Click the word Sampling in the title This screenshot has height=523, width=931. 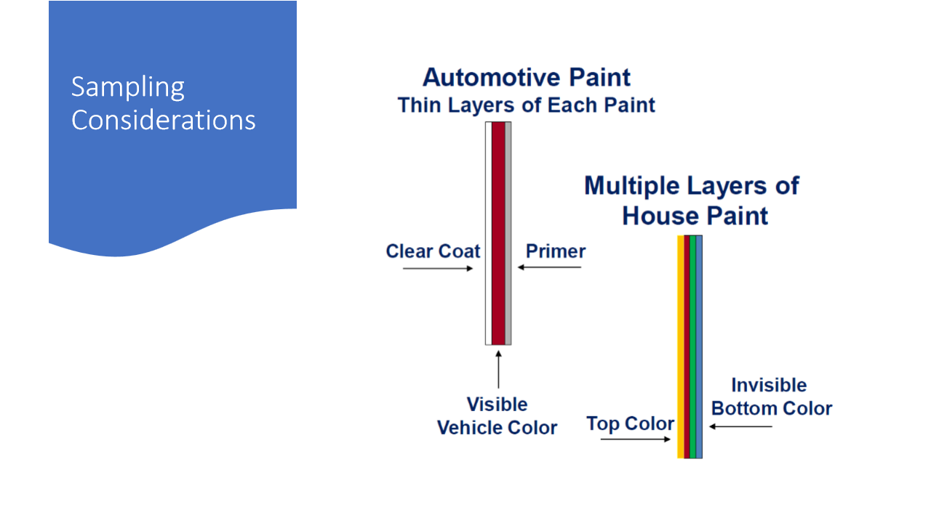[x=127, y=88]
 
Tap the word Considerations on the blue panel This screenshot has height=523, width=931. [x=164, y=120]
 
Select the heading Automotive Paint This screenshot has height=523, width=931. [x=526, y=77]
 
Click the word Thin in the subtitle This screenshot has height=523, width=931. [x=420, y=105]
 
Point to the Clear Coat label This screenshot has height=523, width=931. [x=433, y=251]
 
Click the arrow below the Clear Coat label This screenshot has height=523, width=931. [x=438, y=269]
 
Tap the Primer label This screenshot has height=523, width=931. [x=556, y=251]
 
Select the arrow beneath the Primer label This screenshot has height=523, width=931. [x=549, y=267]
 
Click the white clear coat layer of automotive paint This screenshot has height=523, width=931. [x=489, y=233]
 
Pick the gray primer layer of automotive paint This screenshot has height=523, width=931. [x=508, y=233]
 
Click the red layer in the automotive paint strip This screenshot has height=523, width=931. [x=498, y=233]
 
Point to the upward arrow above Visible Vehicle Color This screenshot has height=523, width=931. [x=498, y=370]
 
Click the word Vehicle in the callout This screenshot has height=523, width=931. [x=468, y=428]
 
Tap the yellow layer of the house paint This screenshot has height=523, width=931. [x=681, y=347]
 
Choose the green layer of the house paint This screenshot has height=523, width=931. [x=693, y=347]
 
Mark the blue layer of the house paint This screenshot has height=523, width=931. [x=699, y=347]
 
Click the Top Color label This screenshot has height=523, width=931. [x=630, y=423]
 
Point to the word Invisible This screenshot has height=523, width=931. [x=769, y=385]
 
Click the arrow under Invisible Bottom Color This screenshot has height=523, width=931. [x=740, y=426]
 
